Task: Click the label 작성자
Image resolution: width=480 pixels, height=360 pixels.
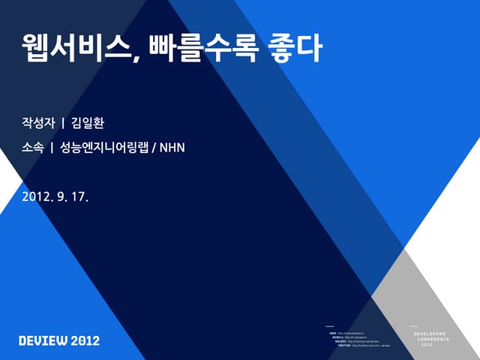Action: click(38, 121)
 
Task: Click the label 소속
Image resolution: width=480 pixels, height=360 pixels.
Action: click(32, 148)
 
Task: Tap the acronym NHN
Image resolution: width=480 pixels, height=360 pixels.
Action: click(172, 148)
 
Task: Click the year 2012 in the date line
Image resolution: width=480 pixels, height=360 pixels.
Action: click(36, 196)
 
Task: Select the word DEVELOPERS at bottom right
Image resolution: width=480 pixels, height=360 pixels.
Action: click(430, 333)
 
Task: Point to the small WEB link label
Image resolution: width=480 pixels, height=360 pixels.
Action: click(332, 333)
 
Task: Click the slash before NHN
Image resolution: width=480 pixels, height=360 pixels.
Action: click(154, 148)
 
